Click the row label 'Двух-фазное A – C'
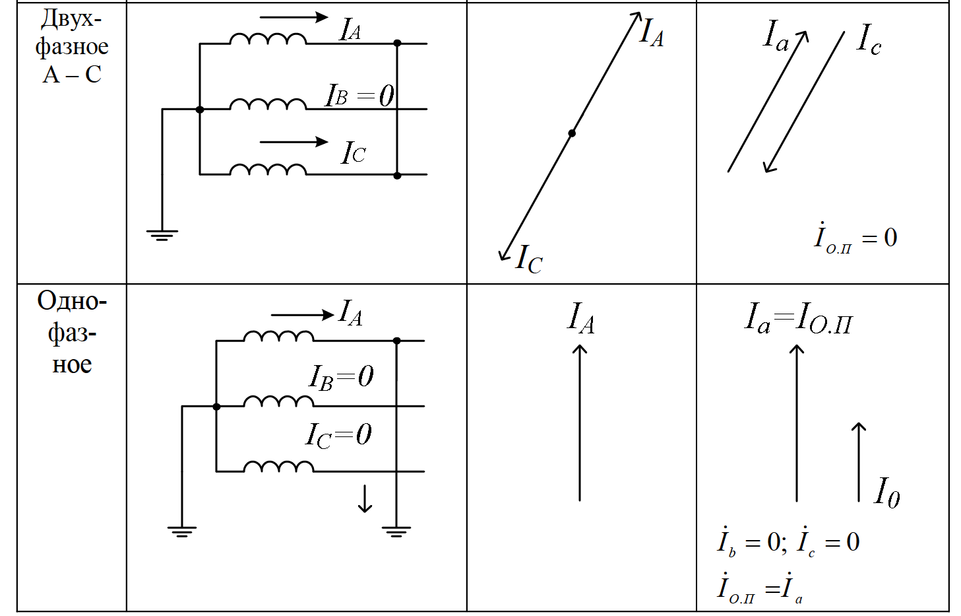(x=72, y=46)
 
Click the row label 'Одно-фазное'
(x=72, y=332)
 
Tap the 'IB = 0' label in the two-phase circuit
(x=359, y=95)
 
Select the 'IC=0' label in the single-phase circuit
(x=338, y=435)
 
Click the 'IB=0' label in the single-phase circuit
(x=341, y=377)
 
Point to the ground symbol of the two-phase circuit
(x=162, y=236)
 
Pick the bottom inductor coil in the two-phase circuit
(x=268, y=170)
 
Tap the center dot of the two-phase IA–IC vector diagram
(x=571, y=133)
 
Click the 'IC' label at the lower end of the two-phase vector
(x=529, y=259)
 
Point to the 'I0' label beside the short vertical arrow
(x=886, y=493)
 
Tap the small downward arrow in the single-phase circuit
(x=365, y=498)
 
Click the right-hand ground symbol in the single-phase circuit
(x=396, y=531)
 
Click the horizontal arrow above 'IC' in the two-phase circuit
(x=294, y=142)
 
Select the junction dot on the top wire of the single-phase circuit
(x=397, y=341)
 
